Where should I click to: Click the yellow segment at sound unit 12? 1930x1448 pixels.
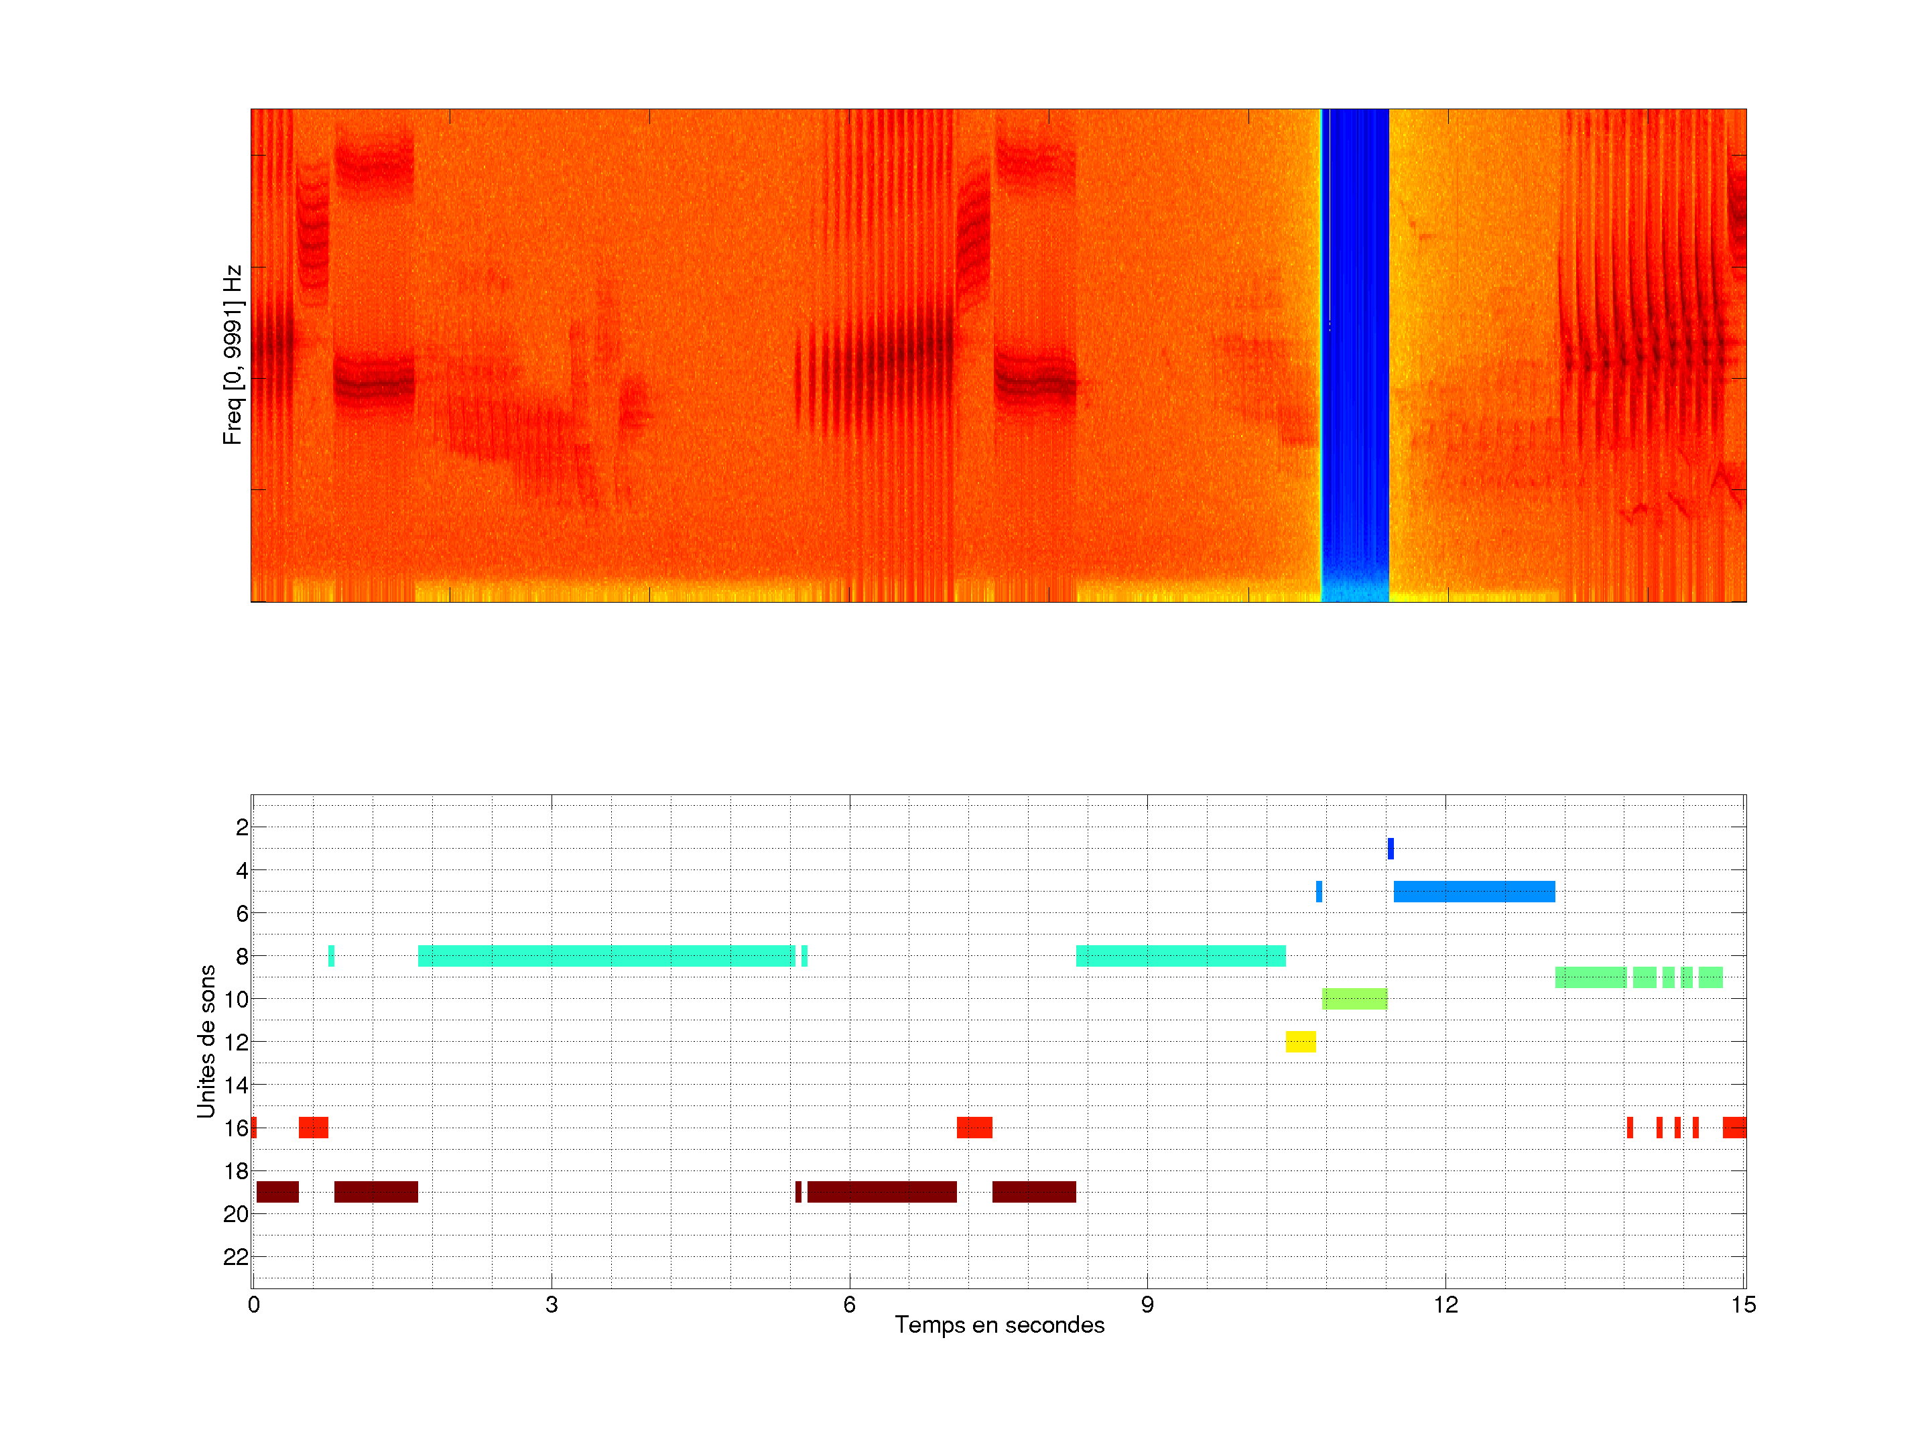coord(1300,1041)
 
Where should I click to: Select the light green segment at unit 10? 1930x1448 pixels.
coord(1354,998)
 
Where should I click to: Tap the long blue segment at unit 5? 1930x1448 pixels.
coord(1474,891)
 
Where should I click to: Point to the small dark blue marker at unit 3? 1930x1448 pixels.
coord(1391,849)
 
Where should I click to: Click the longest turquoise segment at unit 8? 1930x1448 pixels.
coord(606,956)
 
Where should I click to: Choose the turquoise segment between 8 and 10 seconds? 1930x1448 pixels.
coord(1181,956)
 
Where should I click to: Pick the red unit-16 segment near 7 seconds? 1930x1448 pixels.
coord(974,1128)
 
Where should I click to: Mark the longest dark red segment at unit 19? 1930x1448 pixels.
coord(882,1191)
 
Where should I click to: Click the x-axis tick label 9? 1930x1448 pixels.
coord(1147,1305)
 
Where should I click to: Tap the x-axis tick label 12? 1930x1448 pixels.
coord(1445,1305)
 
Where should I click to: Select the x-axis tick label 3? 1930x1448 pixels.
coord(552,1305)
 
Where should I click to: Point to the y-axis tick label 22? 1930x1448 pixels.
coord(236,1257)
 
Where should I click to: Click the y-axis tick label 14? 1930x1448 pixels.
coord(236,1085)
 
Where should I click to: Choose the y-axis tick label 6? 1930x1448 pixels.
coord(242,913)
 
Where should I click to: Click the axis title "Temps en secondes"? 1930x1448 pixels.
coord(999,1325)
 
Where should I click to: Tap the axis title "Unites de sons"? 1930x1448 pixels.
coord(206,1041)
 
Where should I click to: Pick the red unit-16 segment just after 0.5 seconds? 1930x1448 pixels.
coord(313,1128)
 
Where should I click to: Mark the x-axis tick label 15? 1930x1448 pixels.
coord(1743,1305)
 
